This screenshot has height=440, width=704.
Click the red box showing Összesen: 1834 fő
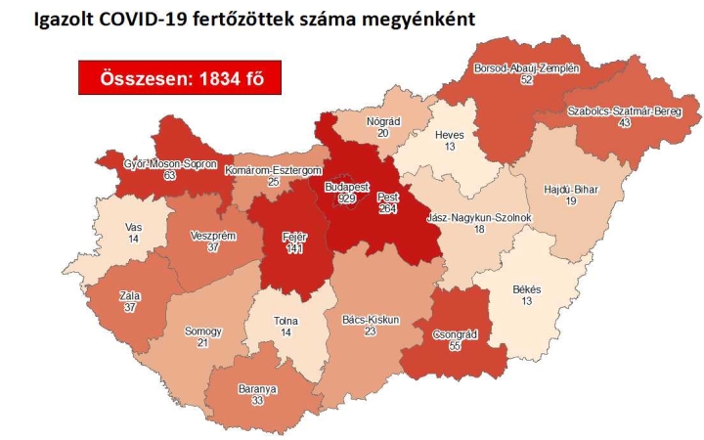click(181, 78)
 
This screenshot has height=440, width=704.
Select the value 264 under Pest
click(387, 208)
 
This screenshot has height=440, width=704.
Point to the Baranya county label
click(258, 388)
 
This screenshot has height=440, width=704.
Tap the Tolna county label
click(286, 321)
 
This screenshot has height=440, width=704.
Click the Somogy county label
click(203, 331)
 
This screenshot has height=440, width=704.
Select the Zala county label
click(129, 292)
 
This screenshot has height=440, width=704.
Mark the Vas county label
click(134, 227)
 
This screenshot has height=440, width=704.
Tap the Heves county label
click(449, 134)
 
